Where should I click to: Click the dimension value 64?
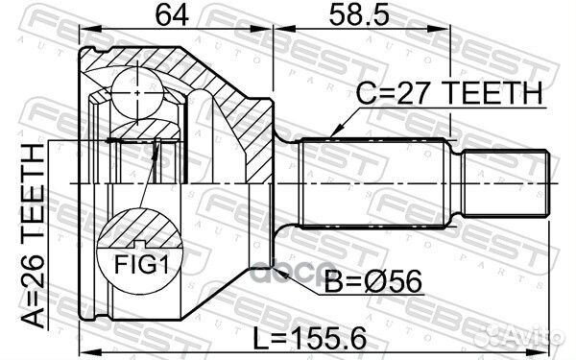coord(172,15)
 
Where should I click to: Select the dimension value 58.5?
coord(359,15)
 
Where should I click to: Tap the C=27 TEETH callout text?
coord(449,93)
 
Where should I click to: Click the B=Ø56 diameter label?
coord(373,282)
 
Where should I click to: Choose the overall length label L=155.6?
coord(310,338)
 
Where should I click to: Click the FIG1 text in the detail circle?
coord(142,264)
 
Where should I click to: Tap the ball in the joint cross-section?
coord(137,93)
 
